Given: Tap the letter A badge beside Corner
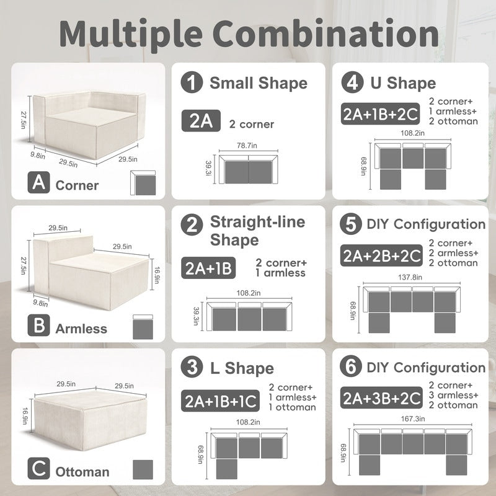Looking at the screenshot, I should click(40, 184).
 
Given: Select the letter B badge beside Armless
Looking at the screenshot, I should click(40, 327).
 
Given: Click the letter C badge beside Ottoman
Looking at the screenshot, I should click(40, 470).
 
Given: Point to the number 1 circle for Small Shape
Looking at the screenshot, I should click(191, 83).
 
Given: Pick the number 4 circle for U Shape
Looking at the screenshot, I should click(352, 83).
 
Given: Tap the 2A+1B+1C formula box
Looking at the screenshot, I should click(221, 401).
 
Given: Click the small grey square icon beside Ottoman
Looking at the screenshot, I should click(143, 470).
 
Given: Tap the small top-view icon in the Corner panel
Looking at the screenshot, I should click(143, 183).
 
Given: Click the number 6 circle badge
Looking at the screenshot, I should click(352, 367).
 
